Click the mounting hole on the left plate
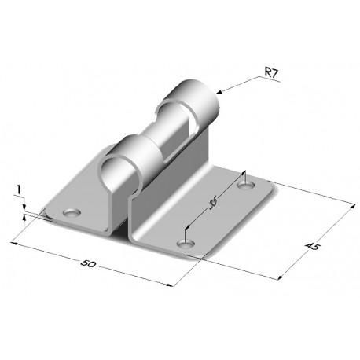72,212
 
